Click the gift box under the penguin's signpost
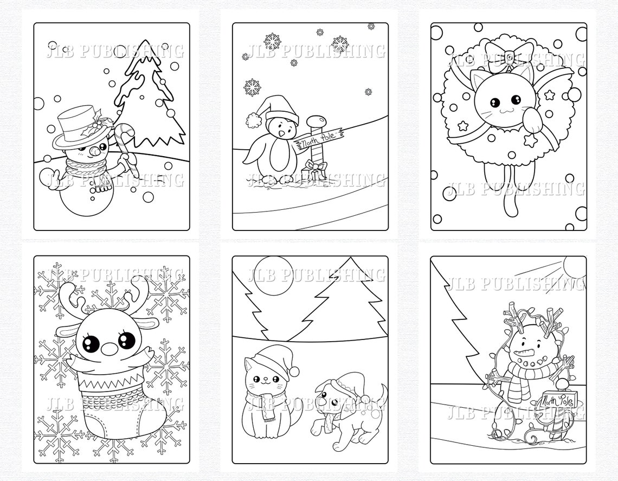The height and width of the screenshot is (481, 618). click(314, 171)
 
